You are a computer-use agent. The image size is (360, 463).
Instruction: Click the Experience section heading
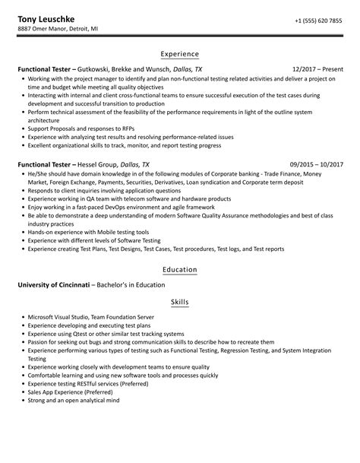180,55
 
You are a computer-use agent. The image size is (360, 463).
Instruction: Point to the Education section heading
180,270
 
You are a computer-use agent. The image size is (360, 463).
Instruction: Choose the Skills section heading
180,303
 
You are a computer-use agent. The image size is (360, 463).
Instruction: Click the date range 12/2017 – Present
317,69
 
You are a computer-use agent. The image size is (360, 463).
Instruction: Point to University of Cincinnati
53,285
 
